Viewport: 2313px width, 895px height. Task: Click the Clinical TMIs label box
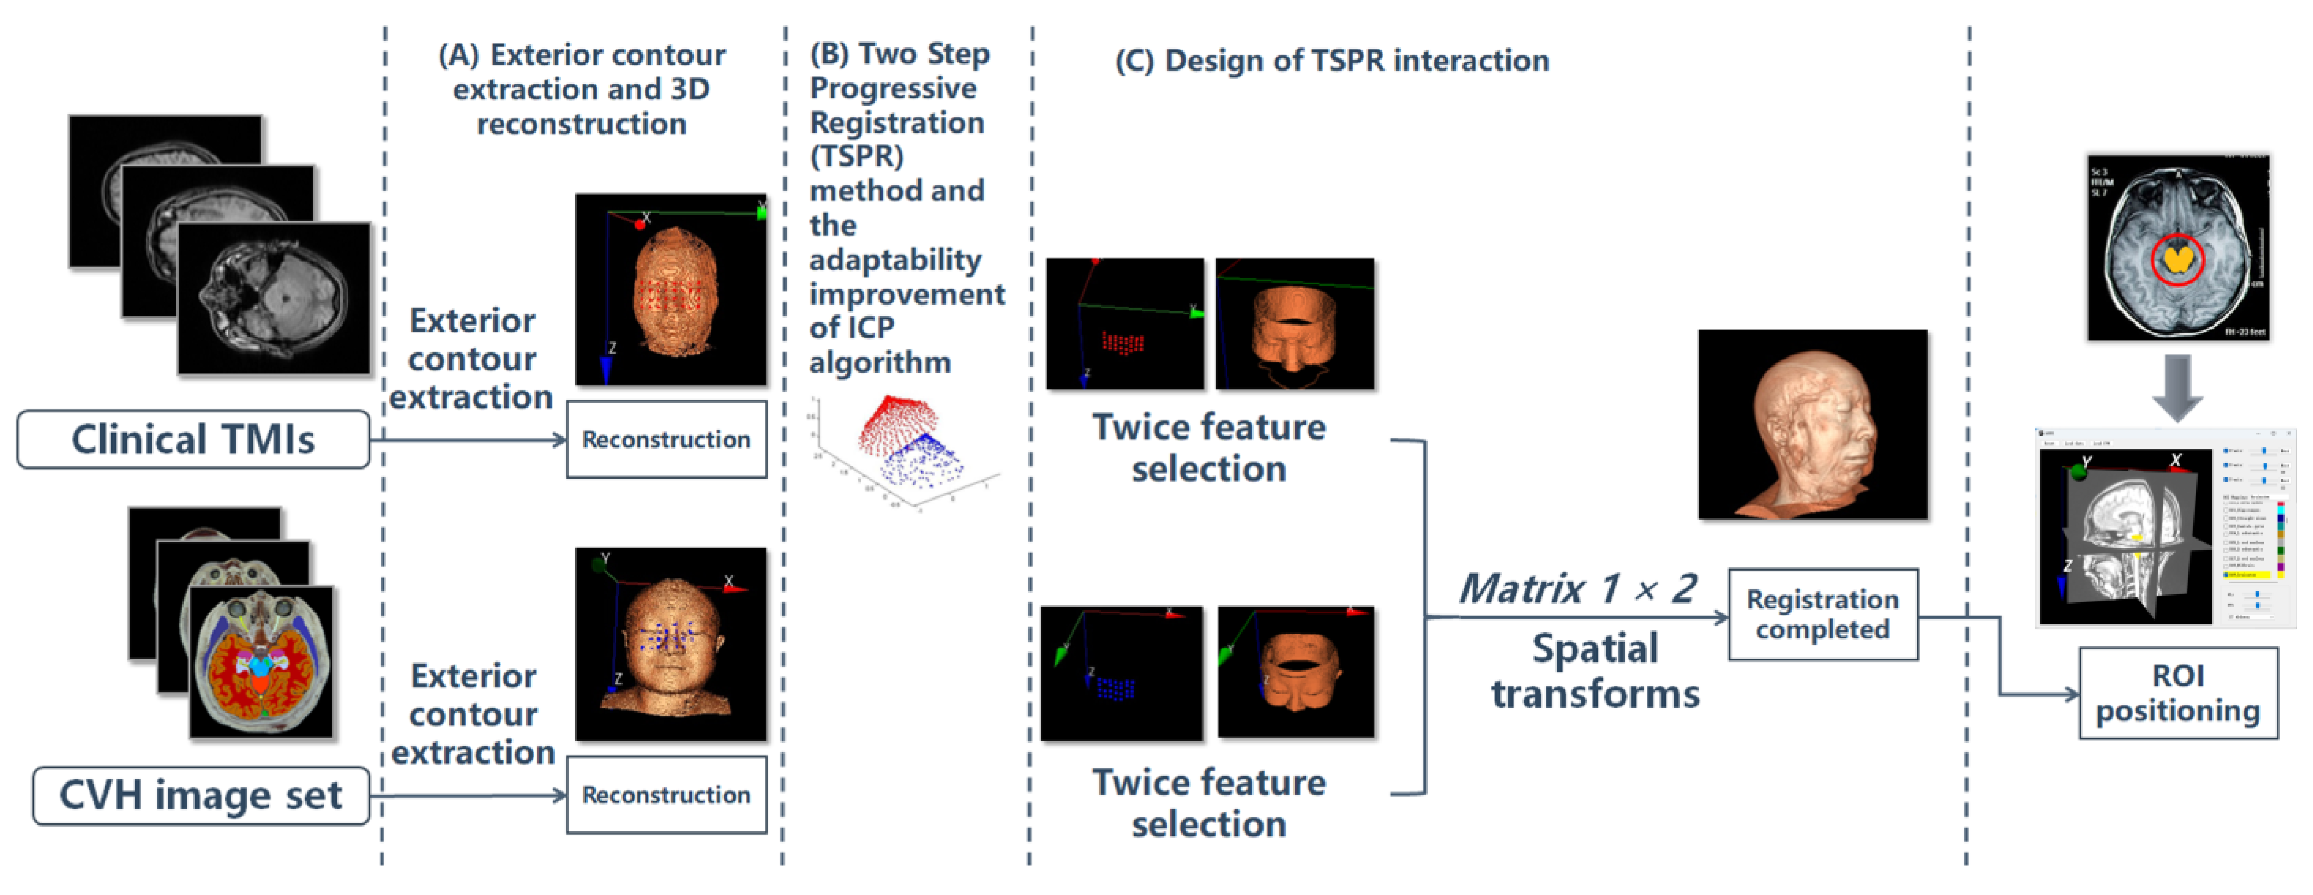(193, 440)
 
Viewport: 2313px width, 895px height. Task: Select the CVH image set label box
(200, 796)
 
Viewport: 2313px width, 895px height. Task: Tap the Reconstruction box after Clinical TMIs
(666, 440)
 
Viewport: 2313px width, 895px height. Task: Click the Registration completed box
(1823, 615)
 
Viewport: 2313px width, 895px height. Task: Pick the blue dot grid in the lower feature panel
(1114, 688)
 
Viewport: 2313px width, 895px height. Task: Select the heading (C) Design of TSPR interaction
(1331, 61)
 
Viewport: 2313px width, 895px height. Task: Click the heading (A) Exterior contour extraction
(582, 89)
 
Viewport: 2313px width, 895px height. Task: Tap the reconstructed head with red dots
(671, 290)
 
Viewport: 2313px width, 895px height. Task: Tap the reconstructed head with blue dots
(671, 645)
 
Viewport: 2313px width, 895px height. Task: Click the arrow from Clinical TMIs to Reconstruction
(467, 440)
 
